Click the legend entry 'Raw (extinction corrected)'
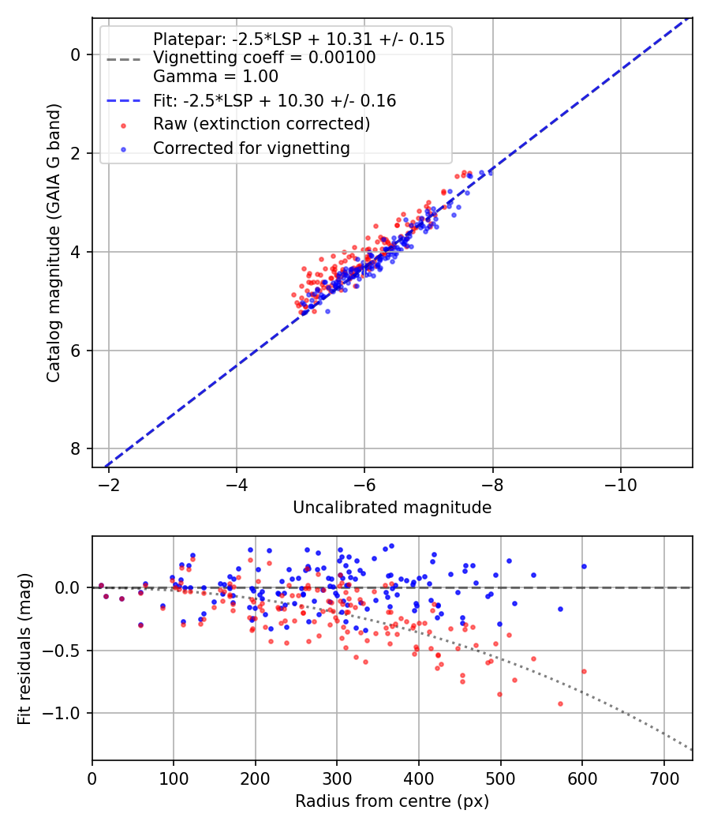261,124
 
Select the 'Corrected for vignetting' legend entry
251,148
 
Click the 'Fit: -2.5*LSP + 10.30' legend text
274,101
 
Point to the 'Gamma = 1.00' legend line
215,77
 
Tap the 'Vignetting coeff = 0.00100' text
264,58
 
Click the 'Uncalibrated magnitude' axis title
392,508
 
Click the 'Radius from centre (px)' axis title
392,801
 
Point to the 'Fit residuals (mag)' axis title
24,648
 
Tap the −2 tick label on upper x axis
109,483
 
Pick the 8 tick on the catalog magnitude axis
76,448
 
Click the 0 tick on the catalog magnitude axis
76,54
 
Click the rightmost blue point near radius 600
584,566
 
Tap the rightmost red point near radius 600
584,671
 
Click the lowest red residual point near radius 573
560,703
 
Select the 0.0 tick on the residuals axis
69,587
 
